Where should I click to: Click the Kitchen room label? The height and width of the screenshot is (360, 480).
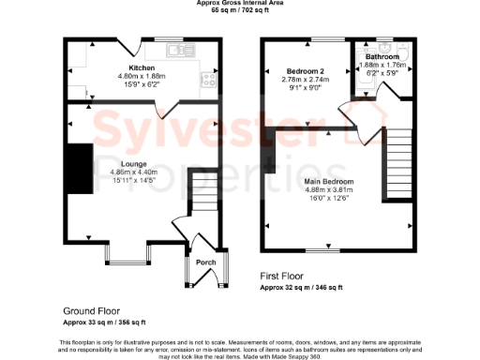coord(142,68)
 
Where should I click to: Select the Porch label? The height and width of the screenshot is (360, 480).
coord(205,262)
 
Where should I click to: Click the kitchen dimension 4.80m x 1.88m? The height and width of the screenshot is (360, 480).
coord(141,76)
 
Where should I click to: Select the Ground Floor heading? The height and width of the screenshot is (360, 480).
coord(91,310)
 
